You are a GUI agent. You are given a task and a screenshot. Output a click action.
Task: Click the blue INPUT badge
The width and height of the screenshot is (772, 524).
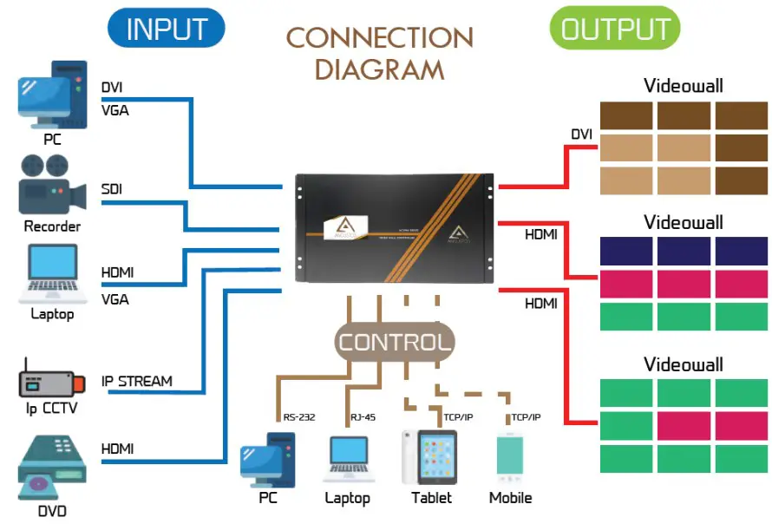tap(166, 29)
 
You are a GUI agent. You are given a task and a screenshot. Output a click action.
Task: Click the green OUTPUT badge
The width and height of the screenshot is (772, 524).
tap(614, 29)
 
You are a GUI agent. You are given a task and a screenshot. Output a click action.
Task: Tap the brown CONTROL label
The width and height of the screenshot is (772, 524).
tap(395, 342)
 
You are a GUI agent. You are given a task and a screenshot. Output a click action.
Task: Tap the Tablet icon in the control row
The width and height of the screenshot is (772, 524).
tap(430, 456)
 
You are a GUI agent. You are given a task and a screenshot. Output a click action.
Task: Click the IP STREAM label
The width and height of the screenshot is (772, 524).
tap(136, 381)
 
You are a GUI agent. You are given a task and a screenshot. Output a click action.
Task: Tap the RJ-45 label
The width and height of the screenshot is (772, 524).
tap(363, 417)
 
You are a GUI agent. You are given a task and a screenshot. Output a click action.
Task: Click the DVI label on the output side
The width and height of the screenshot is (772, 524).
tap(581, 134)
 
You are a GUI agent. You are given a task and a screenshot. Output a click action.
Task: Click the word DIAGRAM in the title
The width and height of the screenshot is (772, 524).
tap(379, 69)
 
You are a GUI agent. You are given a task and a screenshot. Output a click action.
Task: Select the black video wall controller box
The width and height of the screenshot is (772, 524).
tap(395, 229)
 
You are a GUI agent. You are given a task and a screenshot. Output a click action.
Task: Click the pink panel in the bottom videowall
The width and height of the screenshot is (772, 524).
tap(683, 425)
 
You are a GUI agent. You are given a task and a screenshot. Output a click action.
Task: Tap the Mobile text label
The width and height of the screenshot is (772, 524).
tap(510, 498)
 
